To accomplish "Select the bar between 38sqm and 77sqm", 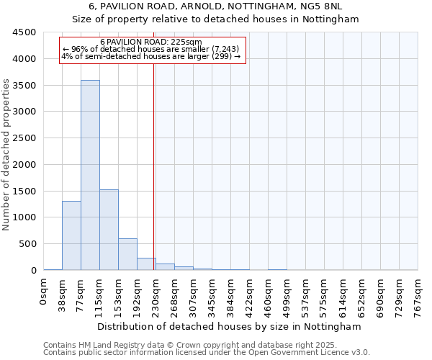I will click(71, 235).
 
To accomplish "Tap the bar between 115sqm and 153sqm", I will click(109, 230).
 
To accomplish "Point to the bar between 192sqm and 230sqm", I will click(146, 264).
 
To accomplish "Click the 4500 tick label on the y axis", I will click(24, 32).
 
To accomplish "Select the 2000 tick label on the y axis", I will click(24, 164).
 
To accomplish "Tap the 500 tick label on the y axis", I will click(27, 244).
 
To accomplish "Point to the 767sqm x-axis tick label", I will click(418, 294).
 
